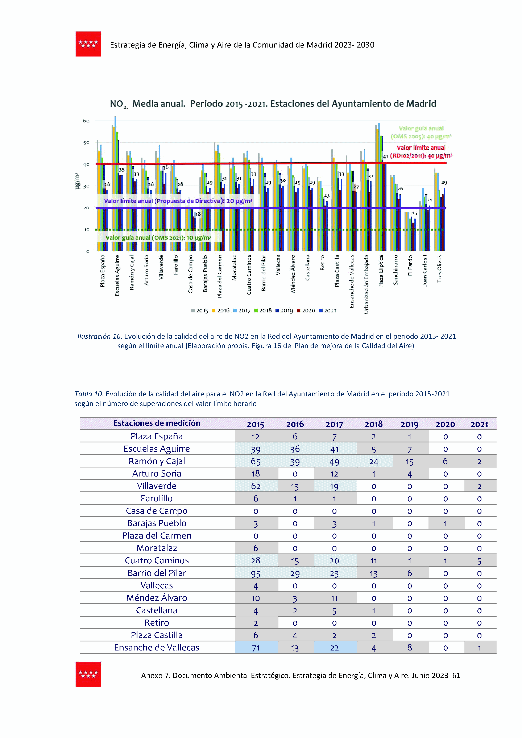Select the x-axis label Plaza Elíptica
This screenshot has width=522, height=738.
pyautogui.click(x=381, y=271)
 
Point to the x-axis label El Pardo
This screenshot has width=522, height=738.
pyautogui.click(x=410, y=265)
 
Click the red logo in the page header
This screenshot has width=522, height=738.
pyautogui.click(x=88, y=44)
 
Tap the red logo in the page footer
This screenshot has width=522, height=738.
pyautogui.click(x=88, y=674)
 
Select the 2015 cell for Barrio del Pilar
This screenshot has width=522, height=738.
pyautogui.click(x=256, y=573)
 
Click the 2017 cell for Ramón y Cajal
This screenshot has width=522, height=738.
pyautogui.click(x=334, y=462)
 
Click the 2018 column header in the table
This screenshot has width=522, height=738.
pyautogui.click(x=373, y=424)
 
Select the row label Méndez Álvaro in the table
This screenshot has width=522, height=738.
pyautogui.click(x=157, y=598)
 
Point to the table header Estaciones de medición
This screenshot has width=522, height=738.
pyautogui.click(x=157, y=423)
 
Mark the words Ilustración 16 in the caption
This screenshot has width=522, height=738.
pyautogui.click(x=99, y=336)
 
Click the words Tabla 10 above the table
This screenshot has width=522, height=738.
pyautogui.click(x=88, y=394)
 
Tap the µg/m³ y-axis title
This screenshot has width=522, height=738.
pyautogui.click(x=77, y=181)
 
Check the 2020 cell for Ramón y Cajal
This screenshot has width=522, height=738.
pyautogui.click(x=445, y=462)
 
